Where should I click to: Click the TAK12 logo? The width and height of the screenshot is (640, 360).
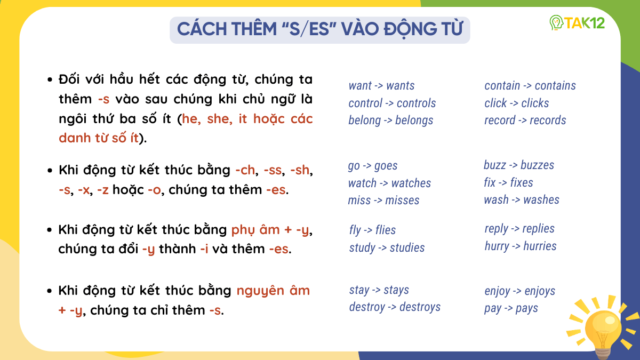(x=577, y=23)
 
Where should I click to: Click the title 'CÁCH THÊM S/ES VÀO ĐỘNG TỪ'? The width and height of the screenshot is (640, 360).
(x=319, y=29)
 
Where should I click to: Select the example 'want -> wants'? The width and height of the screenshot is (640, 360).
(x=381, y=86)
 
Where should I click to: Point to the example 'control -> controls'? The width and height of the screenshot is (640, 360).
(x=392, y=103)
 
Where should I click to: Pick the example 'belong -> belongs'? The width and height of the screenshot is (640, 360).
(x=390, y=121)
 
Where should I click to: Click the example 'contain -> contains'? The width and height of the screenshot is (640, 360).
(x=530, y=86)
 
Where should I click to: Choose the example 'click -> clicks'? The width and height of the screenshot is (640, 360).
(x=516, y=103)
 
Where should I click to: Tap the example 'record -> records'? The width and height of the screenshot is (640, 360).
(x=525, y=121)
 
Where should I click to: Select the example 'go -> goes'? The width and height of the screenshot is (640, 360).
(x=373, y=166)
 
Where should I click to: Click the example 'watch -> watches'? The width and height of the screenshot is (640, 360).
(x=389, y=183)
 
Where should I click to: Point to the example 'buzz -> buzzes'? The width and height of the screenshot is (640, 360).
(x=518, y=165)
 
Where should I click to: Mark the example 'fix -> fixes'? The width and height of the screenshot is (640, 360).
(x=508, y=183)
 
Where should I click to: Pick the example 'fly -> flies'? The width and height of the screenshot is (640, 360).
(x=372, y=230)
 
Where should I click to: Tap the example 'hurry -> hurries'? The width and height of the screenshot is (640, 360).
(x=520, y=246)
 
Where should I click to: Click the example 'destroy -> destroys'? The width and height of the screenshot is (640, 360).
(x=395, y=307)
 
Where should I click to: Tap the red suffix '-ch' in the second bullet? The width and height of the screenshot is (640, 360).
(x=244, y=171)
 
